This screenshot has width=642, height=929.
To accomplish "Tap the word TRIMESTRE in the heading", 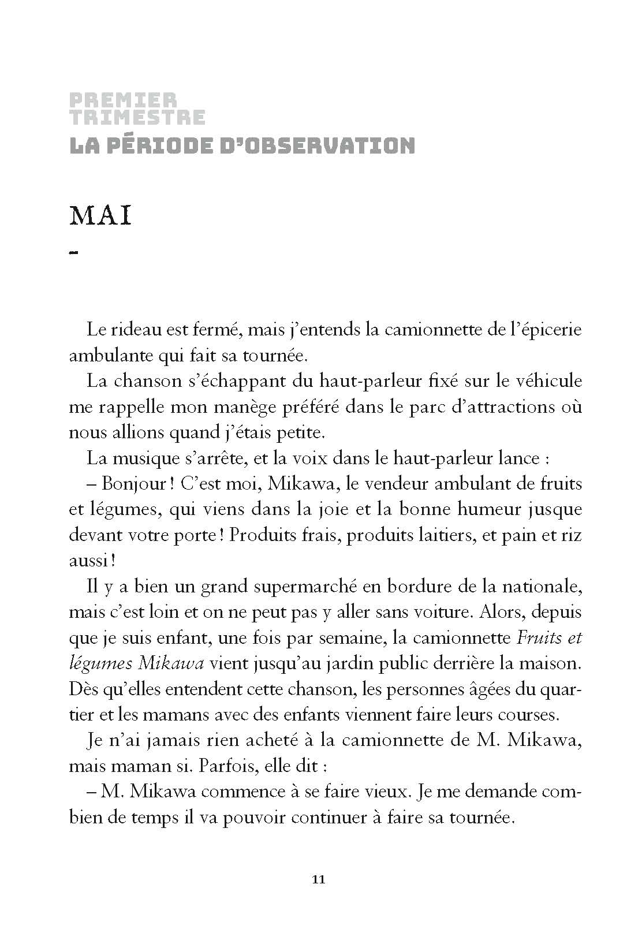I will [137, 117].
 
